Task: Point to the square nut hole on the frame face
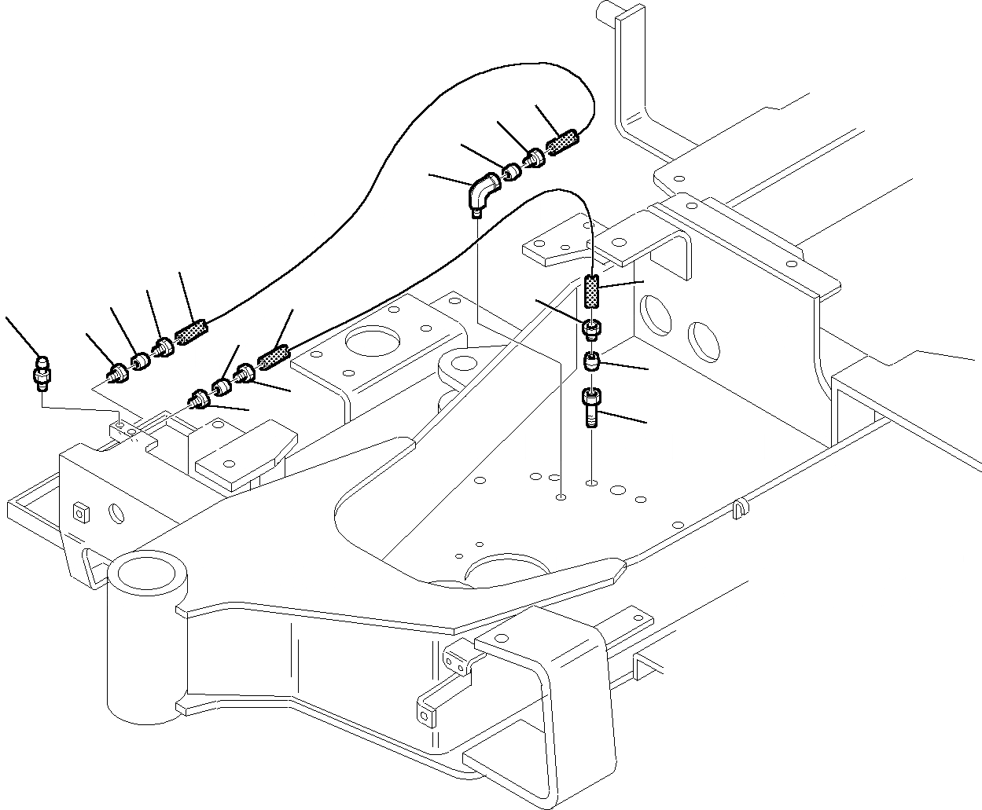point(79,512)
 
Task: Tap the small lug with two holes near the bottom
point(455,660)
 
